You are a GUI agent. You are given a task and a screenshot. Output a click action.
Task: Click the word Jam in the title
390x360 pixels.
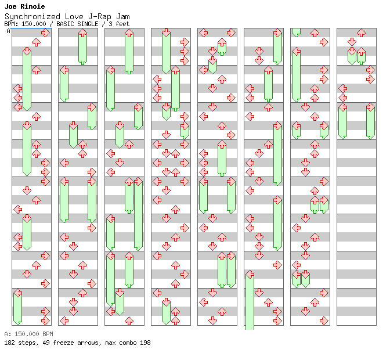tap(122, 16)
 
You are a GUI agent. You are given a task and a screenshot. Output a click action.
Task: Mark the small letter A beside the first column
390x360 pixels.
tap(9, 31)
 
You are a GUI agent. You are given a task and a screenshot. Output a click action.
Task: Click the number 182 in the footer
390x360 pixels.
tap(9, 343)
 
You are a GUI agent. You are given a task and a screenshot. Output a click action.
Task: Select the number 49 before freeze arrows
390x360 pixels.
tap(46, 343)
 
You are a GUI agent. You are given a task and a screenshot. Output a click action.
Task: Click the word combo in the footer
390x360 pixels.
tap(126, 343)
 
